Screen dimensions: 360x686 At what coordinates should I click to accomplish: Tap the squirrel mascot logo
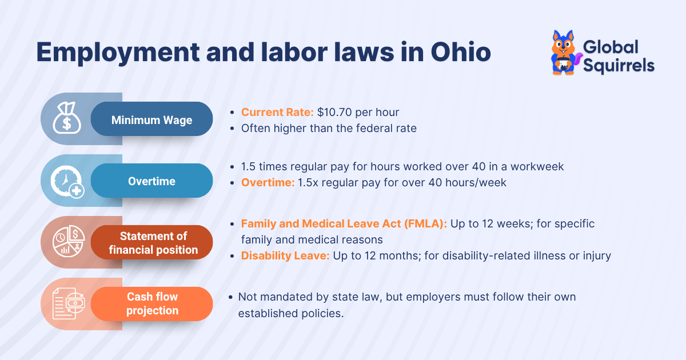coord(564,53)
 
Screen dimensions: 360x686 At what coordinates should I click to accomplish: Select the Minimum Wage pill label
coord(151,120)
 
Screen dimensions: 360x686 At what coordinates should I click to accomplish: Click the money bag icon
coord(66,119)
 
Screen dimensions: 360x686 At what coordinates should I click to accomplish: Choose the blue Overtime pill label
coord(151,181)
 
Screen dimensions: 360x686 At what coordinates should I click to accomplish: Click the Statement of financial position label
coord(153,243)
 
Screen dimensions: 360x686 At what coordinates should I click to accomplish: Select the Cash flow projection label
coord(152,303)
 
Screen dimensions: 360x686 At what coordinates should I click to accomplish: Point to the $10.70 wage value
coord(335,112)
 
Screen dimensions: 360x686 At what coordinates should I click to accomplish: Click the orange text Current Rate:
coord(277,112)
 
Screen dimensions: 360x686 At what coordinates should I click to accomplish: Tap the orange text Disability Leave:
coord(285,255)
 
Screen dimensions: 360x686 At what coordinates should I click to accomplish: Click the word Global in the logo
coord(611,47)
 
